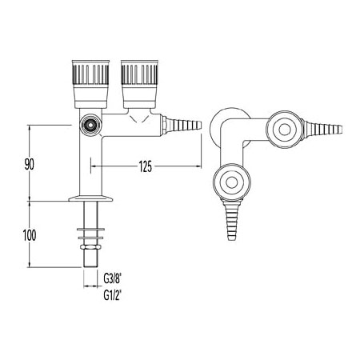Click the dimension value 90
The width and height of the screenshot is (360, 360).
[x=30, y=164]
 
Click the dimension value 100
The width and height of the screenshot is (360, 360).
[x=30, y=235]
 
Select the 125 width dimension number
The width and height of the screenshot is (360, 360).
[x=146, y=166]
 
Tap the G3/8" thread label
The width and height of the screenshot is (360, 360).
[x=113, y=279]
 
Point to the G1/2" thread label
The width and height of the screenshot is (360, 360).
[x=113, y=295]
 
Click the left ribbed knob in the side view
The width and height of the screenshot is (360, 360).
[x=90, y=84]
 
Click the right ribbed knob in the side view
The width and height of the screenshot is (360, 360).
[x=139, y=84]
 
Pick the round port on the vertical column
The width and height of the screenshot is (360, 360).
[x=91, y=125]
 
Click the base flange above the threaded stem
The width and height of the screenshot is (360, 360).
[x=90, y=198]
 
